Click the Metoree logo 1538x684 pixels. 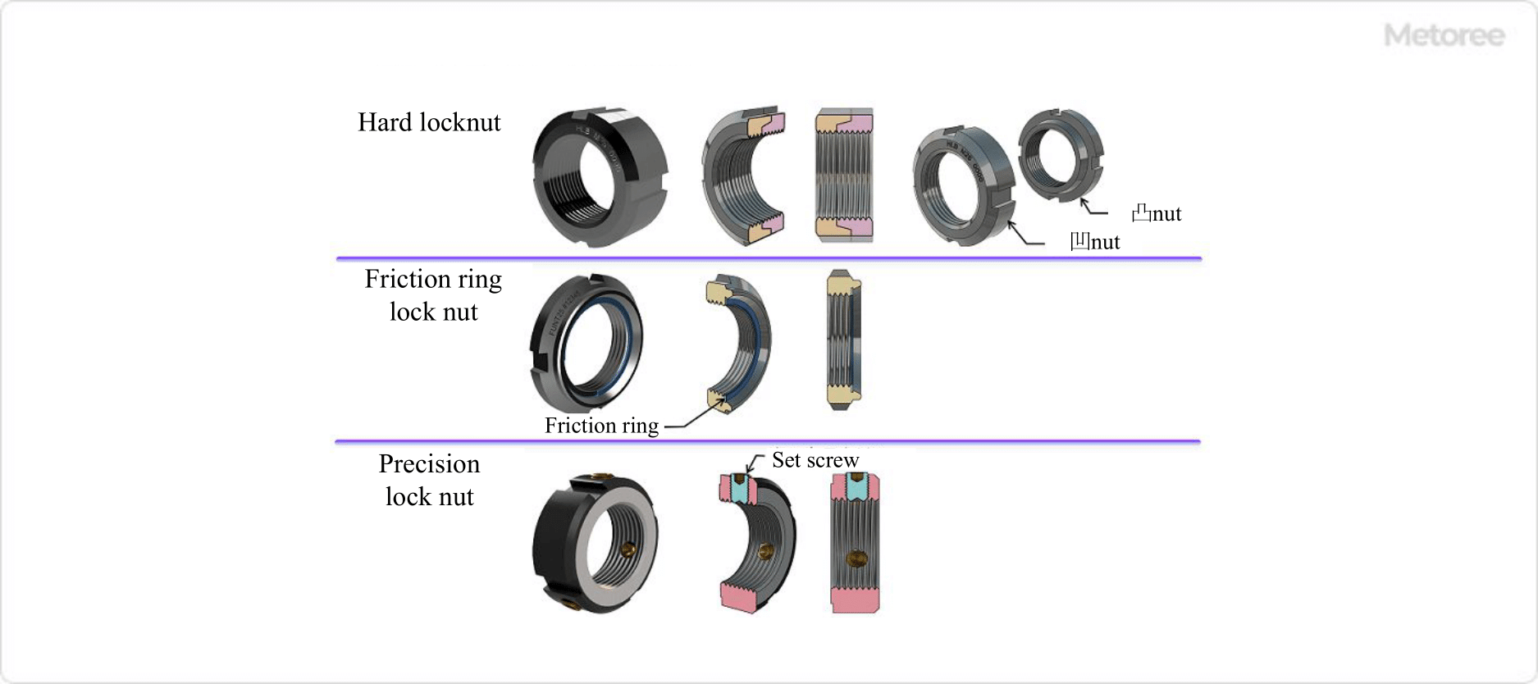(1444, 35)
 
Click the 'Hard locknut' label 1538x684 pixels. (429, 122)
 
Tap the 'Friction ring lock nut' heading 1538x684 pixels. (433, 295)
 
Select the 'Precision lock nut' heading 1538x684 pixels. (429, 480)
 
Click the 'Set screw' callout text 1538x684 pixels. (815, 460)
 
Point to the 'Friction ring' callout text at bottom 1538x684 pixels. (601, 426)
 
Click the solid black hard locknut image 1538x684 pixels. (599, 176)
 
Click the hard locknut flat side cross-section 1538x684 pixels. (844, 175)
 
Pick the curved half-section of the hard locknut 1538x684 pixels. (742, 176)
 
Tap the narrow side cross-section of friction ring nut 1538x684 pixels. (843, 339)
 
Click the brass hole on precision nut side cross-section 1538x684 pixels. (856, 558)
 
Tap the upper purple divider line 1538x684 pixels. (769, 258)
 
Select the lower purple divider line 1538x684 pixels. (768, 441)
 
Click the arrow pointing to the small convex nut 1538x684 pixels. (1093, 207)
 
